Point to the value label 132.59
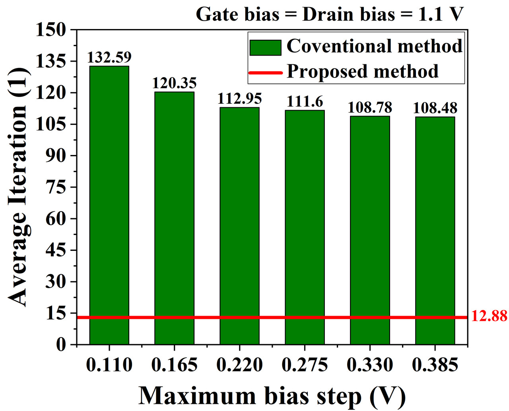[x=109, y=58]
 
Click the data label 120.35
[x=175, y=83]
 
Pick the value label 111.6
[x=305, y=102]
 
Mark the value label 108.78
[x=370, y=108]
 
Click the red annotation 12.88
[x=489, y=316]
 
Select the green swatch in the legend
[x=265, y=48]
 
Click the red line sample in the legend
[x=265, y=73]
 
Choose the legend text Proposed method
[x=362, y=72]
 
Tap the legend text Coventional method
[x=374, y=47]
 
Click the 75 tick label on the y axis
[x=56, y=187]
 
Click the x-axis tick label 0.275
[x=305, y=365]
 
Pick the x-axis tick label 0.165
[x=175, y=365]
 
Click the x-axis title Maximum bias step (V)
[x=272, y=396]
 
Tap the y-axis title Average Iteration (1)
[x=18, y=187]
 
